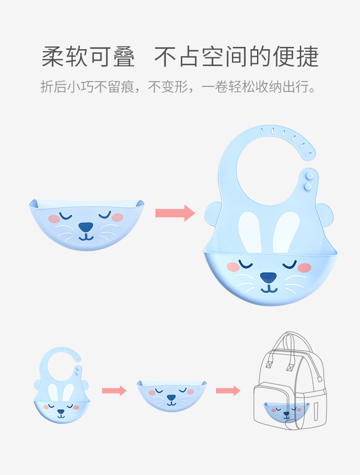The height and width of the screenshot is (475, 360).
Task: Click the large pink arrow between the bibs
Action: [175, 213]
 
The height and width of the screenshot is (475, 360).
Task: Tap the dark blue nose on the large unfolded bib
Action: [268, 276]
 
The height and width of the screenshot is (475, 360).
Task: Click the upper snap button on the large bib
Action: [309, 174]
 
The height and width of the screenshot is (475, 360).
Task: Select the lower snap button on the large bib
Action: [309, 186]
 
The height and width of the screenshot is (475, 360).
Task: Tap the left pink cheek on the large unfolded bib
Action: [233, 267]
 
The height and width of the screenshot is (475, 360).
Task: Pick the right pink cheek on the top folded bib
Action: [118, 217]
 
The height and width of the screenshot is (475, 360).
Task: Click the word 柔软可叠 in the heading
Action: [88, 57]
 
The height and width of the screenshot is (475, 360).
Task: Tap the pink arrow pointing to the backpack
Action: [228, 390]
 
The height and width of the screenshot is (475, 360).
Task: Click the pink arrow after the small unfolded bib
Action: [114, 390]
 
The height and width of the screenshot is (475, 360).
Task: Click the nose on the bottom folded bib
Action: [171, 398]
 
